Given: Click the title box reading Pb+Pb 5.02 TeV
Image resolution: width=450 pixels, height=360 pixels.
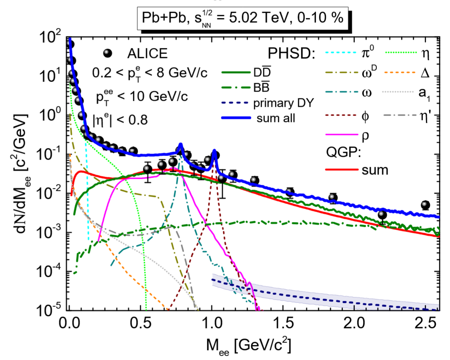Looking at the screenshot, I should point(240,18).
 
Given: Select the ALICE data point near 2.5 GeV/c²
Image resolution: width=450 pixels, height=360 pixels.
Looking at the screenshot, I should point(425,205).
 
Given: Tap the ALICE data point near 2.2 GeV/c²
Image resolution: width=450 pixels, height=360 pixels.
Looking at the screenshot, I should point(382,215).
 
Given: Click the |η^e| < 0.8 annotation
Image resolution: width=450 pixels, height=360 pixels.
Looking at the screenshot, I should point(121,119).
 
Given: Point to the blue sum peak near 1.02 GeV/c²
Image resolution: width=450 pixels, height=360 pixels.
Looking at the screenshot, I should point(215,152).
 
